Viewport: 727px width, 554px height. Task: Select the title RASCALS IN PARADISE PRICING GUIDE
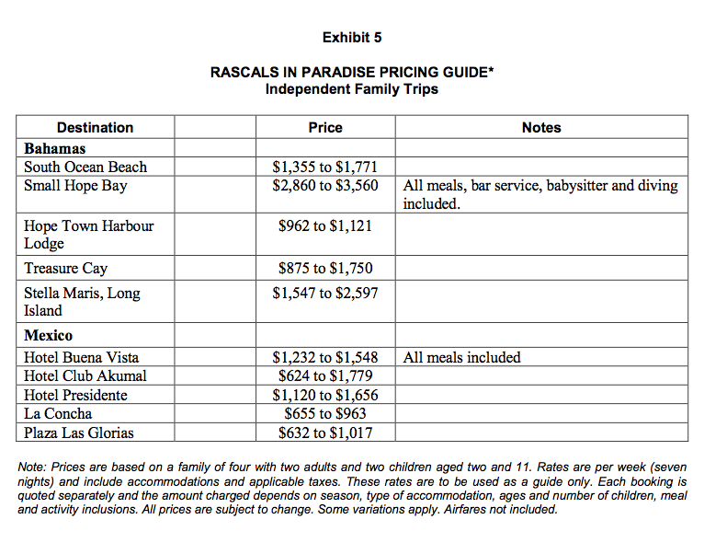(352, 73)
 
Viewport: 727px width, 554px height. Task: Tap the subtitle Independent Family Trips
(352, 89)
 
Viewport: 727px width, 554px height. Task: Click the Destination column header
(95, 128)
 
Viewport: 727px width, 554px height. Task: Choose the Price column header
(325, 128)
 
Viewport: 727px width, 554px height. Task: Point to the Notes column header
(540, 128)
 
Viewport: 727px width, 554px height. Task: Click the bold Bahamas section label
(55, 148)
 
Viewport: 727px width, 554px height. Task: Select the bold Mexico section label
(49, 336)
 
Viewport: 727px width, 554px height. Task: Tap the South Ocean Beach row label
(85, 167)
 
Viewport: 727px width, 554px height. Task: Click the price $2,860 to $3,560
(325, 186)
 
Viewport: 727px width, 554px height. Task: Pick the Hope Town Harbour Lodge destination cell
(88, 235)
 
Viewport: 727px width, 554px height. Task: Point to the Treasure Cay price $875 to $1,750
(325, 269)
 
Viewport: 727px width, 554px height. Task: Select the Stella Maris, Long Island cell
(82, 302)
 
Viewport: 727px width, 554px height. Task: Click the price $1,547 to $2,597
(325, 294)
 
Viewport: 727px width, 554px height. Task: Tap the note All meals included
(461, 357)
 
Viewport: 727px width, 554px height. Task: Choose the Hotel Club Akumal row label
(85, 376)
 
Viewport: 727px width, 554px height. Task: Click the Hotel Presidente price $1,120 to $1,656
(325, 396)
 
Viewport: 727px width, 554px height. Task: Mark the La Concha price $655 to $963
(325, 414)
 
